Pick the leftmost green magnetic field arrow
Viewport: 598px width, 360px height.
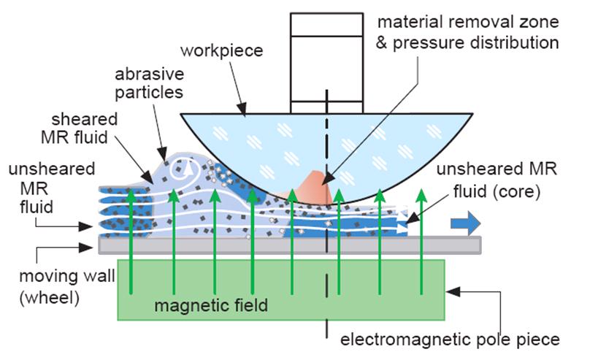[x=131, y=241]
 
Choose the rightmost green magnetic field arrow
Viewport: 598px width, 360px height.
[x=421, y=241]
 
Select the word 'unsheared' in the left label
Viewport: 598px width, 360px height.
[x=52, y=169]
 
